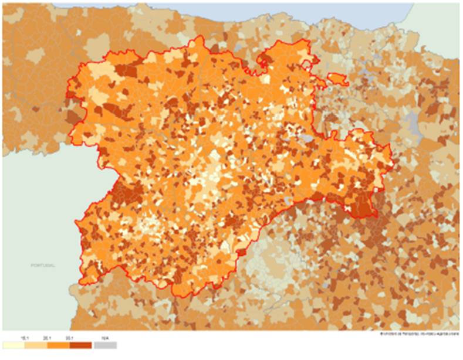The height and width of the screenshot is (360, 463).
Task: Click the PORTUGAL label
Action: (x=43, y=266)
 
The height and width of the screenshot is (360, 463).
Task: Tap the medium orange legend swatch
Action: (x=59, y=345)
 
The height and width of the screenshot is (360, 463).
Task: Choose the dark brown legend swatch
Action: (x=81, y=345)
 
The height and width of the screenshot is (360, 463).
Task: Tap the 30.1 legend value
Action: (x=70, y=338)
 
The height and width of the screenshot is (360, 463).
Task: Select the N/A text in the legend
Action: (x=106, y=338)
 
